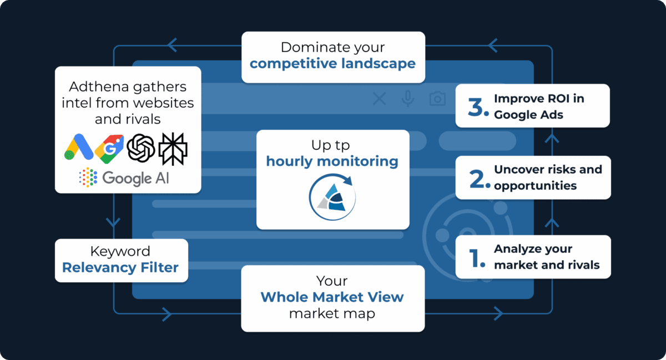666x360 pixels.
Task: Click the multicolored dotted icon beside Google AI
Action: [88, 178]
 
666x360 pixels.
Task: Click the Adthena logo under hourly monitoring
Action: [332, 197]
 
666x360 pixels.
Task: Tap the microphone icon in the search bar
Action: [408, 99]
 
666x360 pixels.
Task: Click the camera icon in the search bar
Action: [437, 99]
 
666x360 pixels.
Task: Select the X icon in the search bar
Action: [380, 99]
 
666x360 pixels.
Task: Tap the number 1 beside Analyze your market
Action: [477, 257]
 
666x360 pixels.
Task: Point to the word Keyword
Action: [120, 251]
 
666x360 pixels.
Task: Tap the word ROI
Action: [560, 99]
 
